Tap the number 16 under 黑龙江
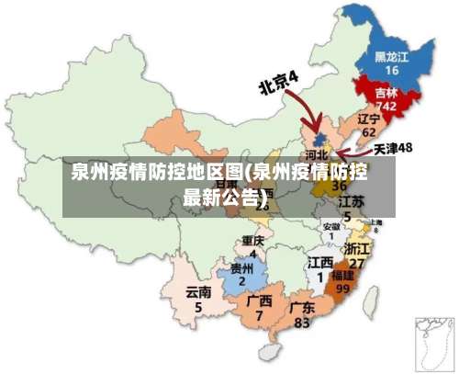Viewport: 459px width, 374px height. pos(392,71)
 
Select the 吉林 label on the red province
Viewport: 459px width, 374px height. pos(386,93)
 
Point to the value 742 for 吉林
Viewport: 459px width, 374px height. pos(386,107)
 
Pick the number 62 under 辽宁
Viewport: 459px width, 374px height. pos(368,133)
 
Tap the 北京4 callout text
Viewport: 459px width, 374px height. pos(279,83)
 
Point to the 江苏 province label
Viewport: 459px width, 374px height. pos(351,200)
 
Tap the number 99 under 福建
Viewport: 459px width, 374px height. pos(343,288)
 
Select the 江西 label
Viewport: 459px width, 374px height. pos(320,263)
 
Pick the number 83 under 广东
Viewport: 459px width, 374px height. pos(302,323)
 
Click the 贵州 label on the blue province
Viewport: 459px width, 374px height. pos(241,268)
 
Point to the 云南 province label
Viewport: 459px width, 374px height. pos(198,292)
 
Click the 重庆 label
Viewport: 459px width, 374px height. pos(252,241)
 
